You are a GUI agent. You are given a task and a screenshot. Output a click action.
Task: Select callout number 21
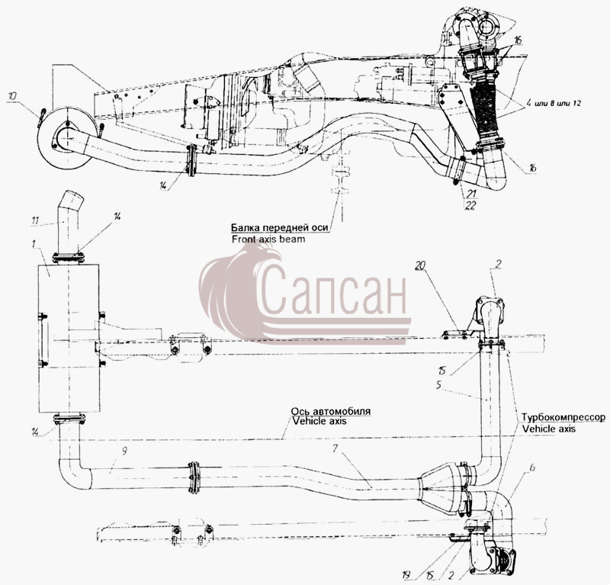[471, 194]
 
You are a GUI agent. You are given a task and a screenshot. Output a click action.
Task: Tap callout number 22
[470, 205]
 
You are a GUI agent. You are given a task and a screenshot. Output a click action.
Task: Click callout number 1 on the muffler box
[34, 244]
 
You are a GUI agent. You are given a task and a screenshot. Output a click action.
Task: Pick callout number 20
[421, 266]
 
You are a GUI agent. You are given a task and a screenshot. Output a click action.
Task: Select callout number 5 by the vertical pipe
[439, 385]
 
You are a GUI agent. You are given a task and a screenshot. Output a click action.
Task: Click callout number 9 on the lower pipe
[124, 451]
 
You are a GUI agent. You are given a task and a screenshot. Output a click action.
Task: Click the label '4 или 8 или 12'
[554, 104]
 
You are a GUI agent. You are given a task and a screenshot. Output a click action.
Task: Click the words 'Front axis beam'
[268, 239]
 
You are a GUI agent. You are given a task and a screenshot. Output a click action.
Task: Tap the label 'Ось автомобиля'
[331, 411]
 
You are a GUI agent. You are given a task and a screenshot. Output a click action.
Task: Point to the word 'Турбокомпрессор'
[563, 417]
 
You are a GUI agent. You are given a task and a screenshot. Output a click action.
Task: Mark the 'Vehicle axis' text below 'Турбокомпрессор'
[548, 429]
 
